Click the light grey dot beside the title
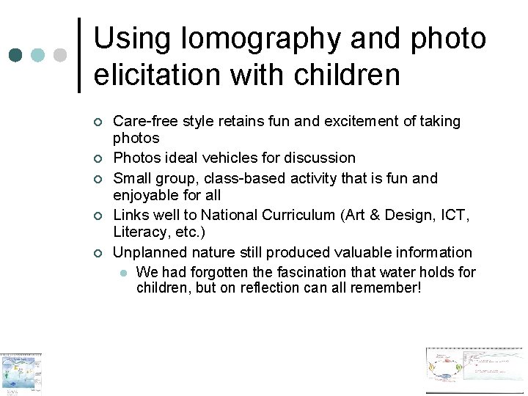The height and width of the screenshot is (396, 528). (60, 55)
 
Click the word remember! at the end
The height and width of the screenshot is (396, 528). (386, 287)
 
